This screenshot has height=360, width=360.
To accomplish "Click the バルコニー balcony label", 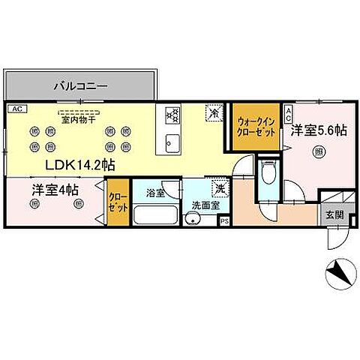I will pos(80,86).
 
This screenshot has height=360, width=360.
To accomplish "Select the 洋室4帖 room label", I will pos(56,190).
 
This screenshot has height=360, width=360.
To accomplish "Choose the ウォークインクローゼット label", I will pos(256,124).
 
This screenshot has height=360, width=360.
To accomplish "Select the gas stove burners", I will pos(172,115).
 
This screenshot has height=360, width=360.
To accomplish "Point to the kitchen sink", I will pos(172,141).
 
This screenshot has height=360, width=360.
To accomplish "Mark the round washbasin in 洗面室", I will pos(194,219).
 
